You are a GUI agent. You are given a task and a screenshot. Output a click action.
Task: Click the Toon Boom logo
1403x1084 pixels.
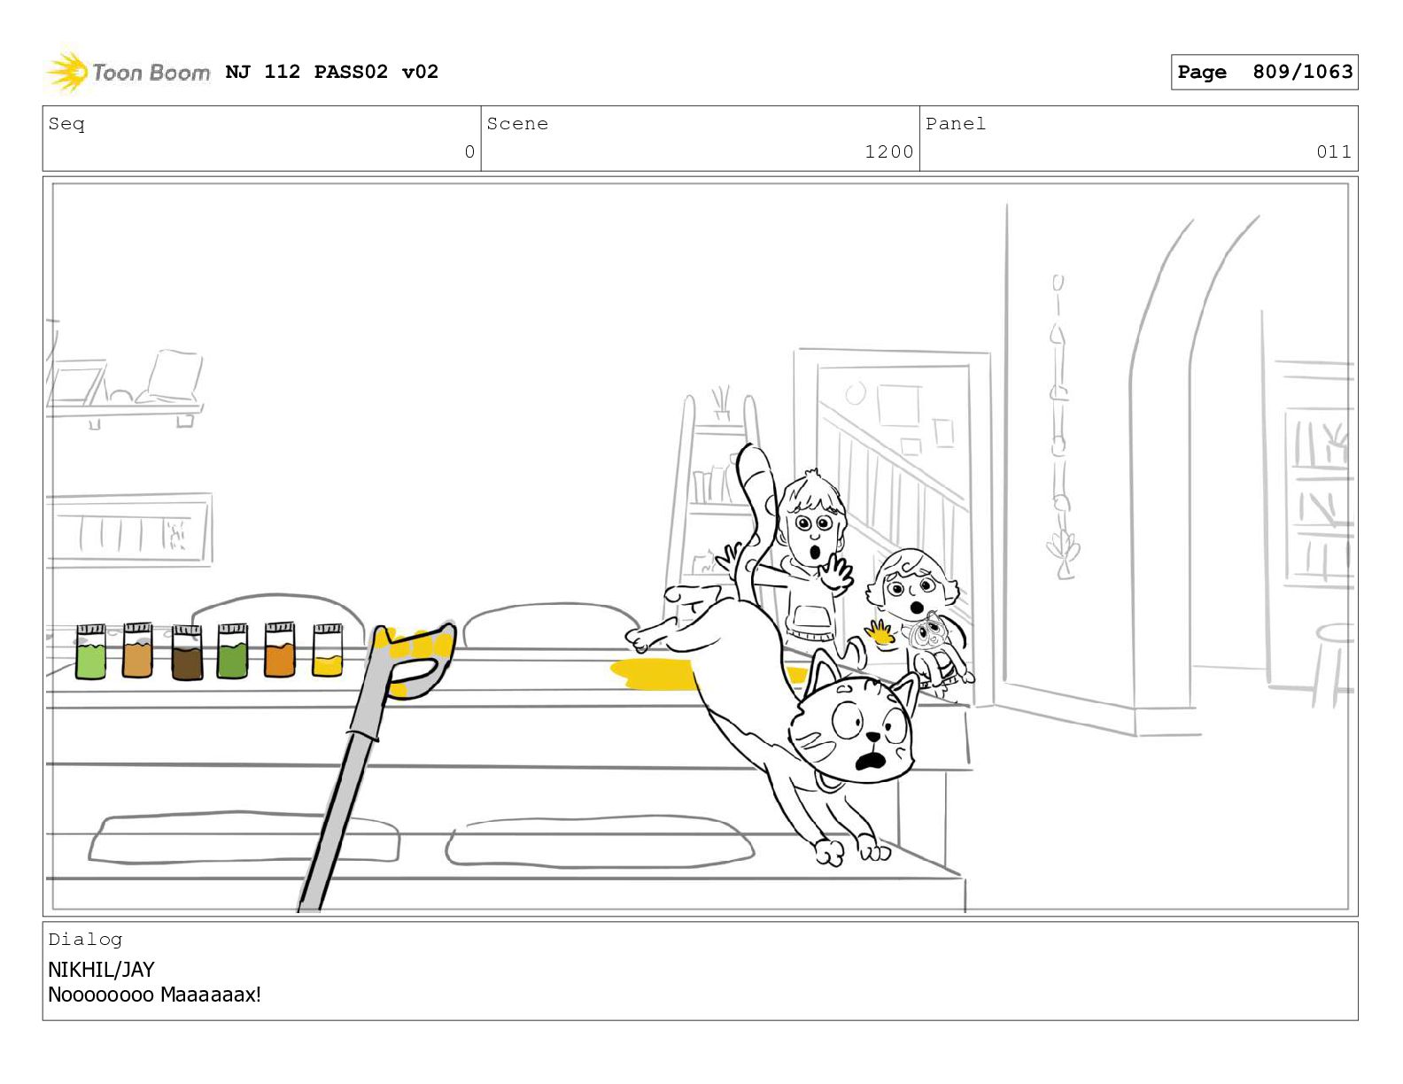[x=128, y=71]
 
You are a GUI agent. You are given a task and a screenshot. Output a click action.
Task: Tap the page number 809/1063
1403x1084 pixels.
[x=1302, y=71]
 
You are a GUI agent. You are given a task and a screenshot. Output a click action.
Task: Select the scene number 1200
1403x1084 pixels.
[x=889, y=151]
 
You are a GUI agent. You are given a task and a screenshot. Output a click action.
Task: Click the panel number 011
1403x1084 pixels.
[x=1334, y=151]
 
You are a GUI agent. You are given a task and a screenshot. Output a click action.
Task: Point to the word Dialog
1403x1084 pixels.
[x=85, y=940]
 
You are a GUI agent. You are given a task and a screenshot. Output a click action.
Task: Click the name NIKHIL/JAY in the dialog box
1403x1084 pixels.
[x=101, y=970]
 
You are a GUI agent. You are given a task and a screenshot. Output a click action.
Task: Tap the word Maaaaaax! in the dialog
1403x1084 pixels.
[x=211, y=995]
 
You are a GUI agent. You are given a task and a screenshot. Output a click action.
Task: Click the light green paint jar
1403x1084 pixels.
[x=90, y=652]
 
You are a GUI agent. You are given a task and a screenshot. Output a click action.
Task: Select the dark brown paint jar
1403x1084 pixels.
[x=187, y=652]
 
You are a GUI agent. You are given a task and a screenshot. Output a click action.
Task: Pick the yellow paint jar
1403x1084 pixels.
[x=328, y=650]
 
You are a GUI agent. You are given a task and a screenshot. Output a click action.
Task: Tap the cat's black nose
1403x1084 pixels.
[x=872, y=735]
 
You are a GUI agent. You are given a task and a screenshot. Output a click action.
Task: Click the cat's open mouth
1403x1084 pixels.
[x=871, y=763]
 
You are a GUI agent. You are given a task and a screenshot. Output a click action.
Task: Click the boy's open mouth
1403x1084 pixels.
[x=816, y=554]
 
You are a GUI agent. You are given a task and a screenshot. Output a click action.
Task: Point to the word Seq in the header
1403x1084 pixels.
[x=66, y=123]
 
